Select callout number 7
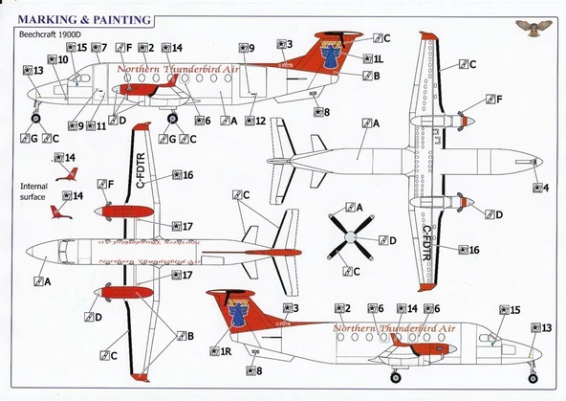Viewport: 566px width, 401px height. [98, 47]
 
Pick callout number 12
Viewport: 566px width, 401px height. [254, 122]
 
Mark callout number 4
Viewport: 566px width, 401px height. [540, 188]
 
